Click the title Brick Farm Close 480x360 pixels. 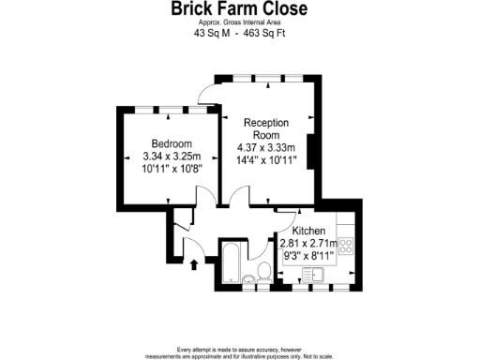pos(238,9)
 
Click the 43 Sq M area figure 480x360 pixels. pos(209,34)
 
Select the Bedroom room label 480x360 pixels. pos(166,142)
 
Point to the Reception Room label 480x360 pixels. pos(266,129)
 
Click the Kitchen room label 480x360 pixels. pos(308,232)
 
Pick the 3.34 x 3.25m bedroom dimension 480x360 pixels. pos(166,156)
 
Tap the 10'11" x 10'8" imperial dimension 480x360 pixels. pos(166,169)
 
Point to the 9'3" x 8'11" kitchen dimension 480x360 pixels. pos(308,256)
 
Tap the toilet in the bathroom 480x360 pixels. pos(263,273)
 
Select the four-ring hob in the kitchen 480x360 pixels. pos(345,247)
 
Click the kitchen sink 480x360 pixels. pos(311,275)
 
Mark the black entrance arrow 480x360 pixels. pos(193,265)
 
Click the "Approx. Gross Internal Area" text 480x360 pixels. pos(238,22)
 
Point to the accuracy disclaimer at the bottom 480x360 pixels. pos(238,352)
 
